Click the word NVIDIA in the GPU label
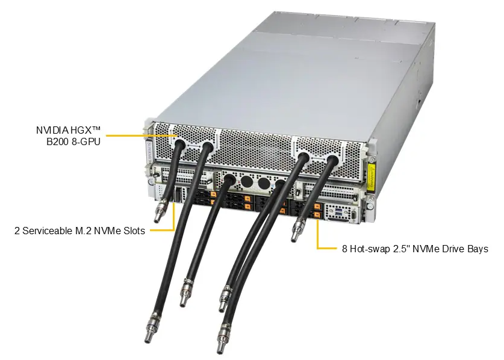(52, 130)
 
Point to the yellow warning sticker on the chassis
(372, 176)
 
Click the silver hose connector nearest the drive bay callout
(297, 230)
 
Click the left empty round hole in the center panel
(247, 182)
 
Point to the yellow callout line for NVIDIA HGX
(142, 135)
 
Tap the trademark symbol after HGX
(96, 129)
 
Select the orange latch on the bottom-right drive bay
(317, 215)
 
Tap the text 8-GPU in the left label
(86, 141)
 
